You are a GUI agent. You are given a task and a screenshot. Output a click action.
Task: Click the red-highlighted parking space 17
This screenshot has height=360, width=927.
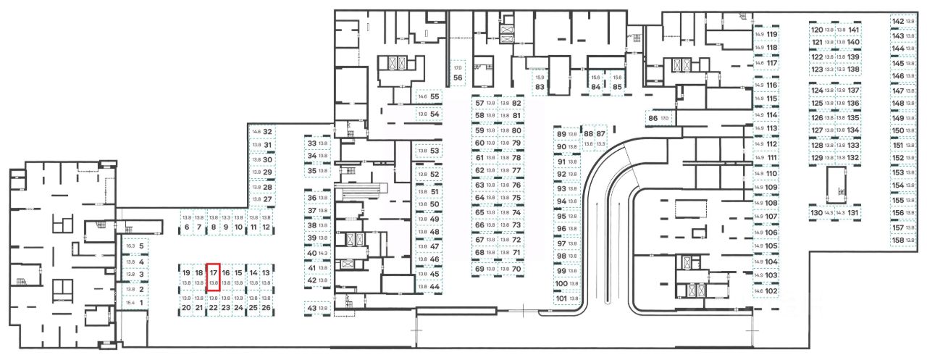tap(214, 277)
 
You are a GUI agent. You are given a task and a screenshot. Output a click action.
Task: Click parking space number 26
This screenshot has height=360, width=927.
tap(266, 308)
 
